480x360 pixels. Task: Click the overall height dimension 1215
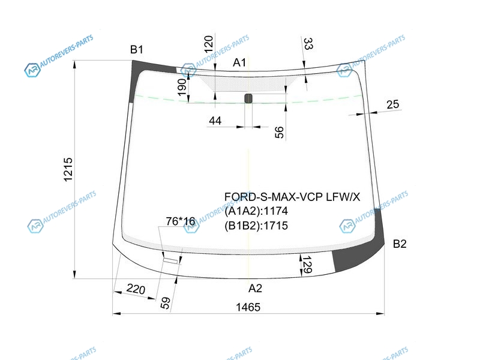(68, 169)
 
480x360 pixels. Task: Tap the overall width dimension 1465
(248, 307)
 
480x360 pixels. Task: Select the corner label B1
(137, 49)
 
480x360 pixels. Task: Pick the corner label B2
(400, 244)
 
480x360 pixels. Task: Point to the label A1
(239, 62)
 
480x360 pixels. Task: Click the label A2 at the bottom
(255, 288)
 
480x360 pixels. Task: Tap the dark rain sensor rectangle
(248, 98)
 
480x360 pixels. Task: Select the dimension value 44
(215, 121)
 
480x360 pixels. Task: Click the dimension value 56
(279, 132)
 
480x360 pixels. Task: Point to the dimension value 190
(182, 87)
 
